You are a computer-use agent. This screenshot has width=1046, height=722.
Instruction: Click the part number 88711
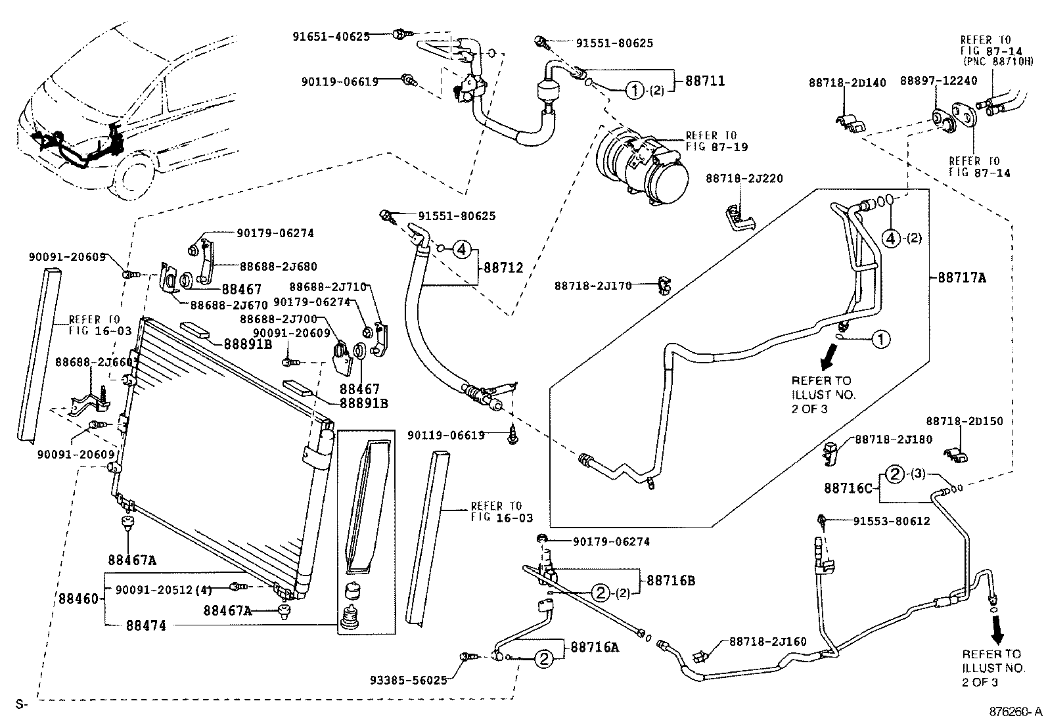705,81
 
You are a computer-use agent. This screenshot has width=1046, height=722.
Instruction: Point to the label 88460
78,598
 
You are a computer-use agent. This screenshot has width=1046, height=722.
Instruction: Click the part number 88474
146,625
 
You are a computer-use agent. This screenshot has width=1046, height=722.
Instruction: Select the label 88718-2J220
744,179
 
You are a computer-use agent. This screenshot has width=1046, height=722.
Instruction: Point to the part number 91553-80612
892,521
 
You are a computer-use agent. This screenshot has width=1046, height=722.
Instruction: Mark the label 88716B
670,580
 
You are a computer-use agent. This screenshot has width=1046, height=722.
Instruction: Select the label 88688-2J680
278,267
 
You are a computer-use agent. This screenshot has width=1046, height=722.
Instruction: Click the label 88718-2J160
767,641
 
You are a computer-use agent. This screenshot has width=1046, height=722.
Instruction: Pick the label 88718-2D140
848,83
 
